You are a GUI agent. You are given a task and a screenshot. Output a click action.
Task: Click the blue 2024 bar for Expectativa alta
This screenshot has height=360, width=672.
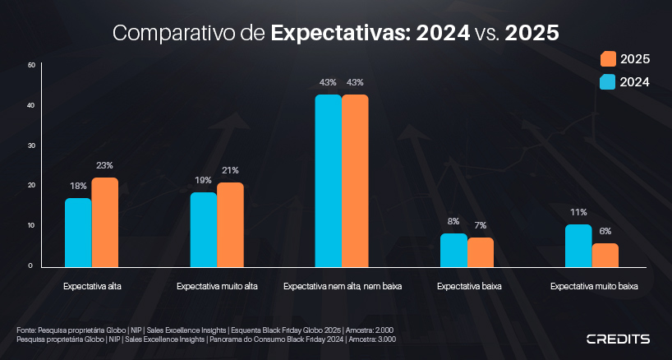coord(79,233)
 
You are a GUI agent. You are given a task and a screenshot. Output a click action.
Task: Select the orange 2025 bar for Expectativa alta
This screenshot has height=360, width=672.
coord(104,222)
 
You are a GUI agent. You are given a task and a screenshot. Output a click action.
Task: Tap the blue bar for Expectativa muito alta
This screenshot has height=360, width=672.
coord(204,229)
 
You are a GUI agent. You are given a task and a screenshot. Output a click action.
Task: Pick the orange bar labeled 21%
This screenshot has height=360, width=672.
coord(230,224)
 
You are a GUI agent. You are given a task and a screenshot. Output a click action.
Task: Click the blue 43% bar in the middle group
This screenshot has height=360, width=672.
coord(329,181)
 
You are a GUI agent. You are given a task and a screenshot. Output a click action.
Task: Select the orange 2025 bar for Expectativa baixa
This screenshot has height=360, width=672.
coord(481,252)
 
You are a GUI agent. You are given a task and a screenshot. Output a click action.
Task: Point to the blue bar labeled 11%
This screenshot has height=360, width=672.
coord(578,246)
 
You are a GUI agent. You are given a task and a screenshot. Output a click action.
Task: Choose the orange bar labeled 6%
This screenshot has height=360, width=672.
coord(605,255)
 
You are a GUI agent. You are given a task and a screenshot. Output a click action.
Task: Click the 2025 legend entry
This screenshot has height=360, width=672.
coord(625,59)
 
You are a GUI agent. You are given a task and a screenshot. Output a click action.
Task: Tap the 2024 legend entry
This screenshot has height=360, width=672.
coord(625,81)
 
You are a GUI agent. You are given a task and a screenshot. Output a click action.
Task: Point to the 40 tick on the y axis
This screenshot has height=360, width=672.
coord(30,105)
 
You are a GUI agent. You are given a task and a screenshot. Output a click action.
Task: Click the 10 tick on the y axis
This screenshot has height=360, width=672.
coord(30,225)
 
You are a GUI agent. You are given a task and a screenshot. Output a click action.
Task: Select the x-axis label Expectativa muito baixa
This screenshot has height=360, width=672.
coord(594,288)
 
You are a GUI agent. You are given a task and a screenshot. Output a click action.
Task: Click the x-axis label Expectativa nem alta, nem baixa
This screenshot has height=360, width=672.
coord(343,288)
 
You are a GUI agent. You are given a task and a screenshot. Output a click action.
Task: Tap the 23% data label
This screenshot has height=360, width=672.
coord(104,165)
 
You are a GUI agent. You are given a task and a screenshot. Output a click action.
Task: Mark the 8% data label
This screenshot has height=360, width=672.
coord(453,221)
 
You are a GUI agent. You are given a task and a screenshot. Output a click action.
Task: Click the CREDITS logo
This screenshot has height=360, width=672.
coord(618,339)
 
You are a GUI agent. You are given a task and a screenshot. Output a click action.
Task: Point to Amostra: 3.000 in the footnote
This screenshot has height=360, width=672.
coord(374,339)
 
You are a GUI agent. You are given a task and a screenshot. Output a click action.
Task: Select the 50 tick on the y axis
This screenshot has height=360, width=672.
coord(30,65)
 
